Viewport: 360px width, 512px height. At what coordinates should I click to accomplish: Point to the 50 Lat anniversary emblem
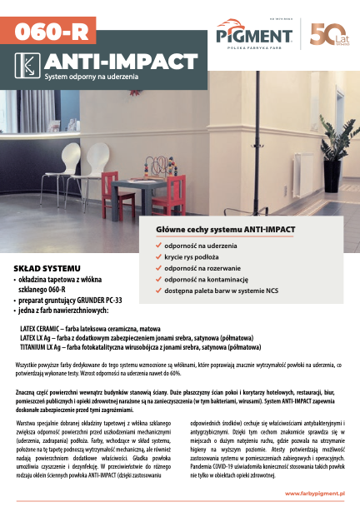[x=325, y=32]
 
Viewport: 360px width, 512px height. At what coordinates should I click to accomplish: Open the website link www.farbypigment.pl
[x=316, y=494]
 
